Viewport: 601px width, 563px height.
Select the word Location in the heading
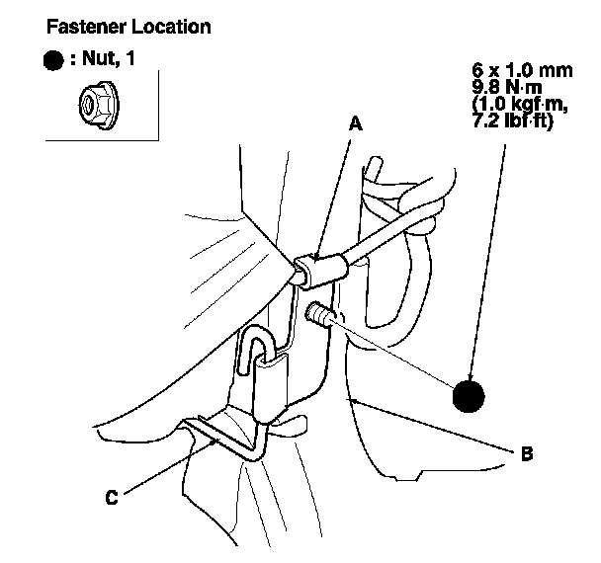click(x=167, y=27)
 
